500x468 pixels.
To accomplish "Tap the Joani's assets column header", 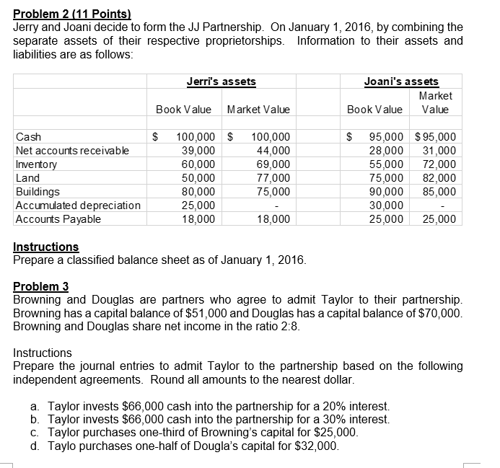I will (x=403, y=81).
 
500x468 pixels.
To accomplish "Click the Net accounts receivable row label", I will (x=61, y=150).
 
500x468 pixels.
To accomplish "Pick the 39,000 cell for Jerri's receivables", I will (x=200, y=150).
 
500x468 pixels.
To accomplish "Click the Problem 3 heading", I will (x=43, y=286).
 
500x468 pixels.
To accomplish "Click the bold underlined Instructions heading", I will (x=46, y=247).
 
